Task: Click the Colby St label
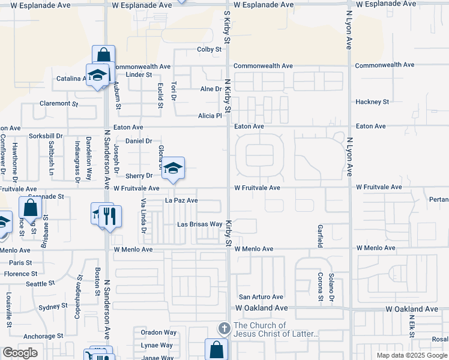point(209,49)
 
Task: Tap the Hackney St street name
point(372,102)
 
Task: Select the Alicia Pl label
point(211,116)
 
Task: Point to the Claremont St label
point(59,103)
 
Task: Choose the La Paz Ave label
point(181,200)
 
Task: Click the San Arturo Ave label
point(261,297)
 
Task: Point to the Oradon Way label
point(158,332)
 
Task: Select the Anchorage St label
point(43,337)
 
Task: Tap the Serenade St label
point(46,196)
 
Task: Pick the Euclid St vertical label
point(160,95)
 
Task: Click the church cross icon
point(224,329)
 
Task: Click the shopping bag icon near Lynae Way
point(216,349)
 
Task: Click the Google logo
point(20,353)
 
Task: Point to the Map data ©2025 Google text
point(411,355)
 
